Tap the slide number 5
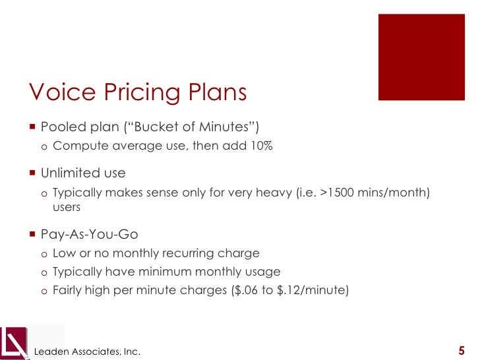pos(461,350)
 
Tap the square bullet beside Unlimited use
pos(32,173)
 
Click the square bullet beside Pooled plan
pos(32,126)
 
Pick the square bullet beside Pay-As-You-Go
pos(32,234)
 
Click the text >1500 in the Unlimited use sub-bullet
pos(334,193)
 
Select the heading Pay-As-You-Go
pos(89,234)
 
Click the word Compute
pos(76,146)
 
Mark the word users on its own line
pos(67,207)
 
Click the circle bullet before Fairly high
pos(44,289)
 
